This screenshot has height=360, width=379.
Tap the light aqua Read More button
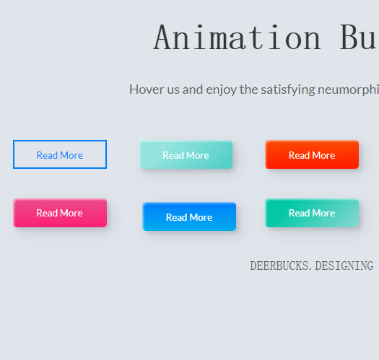coord(186,154)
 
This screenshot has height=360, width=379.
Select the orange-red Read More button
coord(312,154)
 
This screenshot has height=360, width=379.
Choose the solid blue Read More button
coord(189,216)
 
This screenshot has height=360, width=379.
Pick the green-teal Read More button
coord(312,213)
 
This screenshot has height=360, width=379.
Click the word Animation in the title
coord(238,38)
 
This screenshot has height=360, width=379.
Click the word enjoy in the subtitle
coord(221,90)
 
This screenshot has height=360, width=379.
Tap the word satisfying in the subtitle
coord(288,90)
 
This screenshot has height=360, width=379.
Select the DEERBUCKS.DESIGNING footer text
coord(312,265)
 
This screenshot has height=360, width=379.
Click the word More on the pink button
coord(71,213)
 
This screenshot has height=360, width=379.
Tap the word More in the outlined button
coord(71,155)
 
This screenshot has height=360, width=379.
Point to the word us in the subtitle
coord(173,91)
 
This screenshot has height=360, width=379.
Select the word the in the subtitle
coord(249,89)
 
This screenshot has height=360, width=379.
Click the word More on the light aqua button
coord(198,155)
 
